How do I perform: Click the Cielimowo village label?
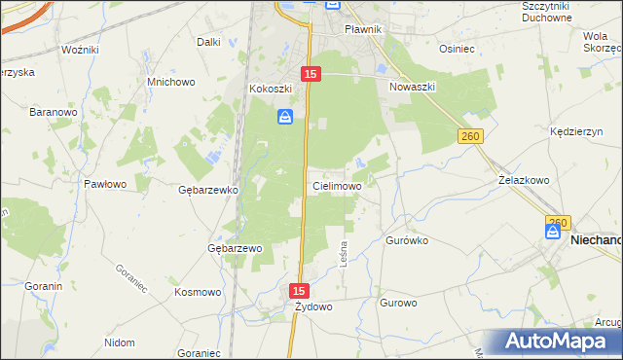click(x=337, y=185)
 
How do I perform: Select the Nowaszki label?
click(x=412, y=87)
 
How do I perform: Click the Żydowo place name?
click(x=314, y=307)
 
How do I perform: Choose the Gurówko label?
click(x=408, y=239)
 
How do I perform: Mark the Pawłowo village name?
click(x=105, y=184)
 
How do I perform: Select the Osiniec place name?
click(x=456, y=48)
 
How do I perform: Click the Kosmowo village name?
click(x=198, y=292)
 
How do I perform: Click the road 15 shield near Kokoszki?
click(x=310, y=74)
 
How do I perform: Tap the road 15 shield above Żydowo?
click(x=299, y=291)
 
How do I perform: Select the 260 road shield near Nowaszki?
click(x=471, y=138)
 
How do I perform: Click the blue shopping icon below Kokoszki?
click(x=284, y=117)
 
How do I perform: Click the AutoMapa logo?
click(x=559, y=341)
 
